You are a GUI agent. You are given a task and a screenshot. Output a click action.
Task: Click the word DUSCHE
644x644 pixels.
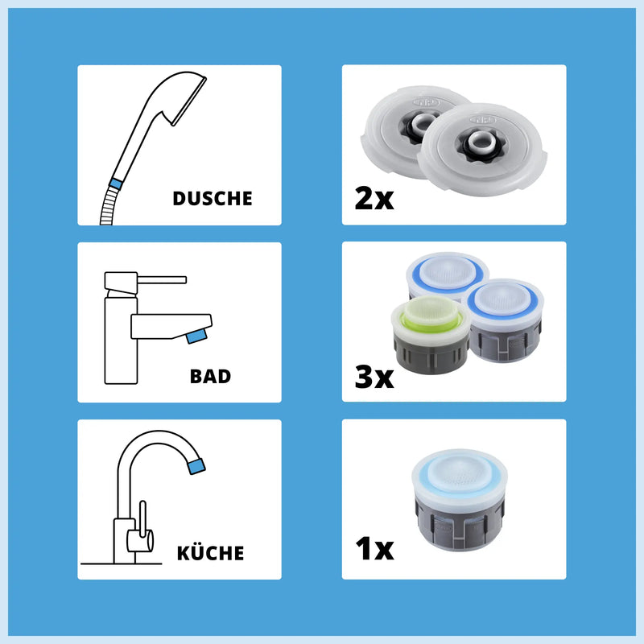pyautogui.click(x=213, y=199)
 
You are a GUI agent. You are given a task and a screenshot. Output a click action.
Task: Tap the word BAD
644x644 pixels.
pyautogui.click(x=210, y=377)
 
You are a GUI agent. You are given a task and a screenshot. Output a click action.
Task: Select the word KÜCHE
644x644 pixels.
pyautogui.click(x=210, y=553)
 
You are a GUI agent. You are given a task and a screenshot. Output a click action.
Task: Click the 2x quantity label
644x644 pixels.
pyautogui.click(x=374, y=199)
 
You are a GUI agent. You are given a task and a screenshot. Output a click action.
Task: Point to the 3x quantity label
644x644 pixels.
pyautogui.click(x=374, y=377)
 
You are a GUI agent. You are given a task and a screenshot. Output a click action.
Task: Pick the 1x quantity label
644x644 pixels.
pyautogui.click(x=374, y=549)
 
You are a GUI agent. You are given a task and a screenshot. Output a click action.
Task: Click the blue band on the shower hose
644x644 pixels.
pyautogui.click(x=116, y=184)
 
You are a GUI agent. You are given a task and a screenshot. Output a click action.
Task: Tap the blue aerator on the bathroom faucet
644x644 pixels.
pyautogui.click(x=196, y=336)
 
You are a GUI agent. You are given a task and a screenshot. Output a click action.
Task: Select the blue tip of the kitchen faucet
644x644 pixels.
pyautogui.click(x=196, y=466)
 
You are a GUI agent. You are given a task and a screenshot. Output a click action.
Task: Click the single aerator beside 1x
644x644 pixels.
pyautogui.click(x=459, y=499)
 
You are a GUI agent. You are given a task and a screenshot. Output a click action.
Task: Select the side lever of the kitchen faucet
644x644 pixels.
pyautogui.click(x=142, y=519)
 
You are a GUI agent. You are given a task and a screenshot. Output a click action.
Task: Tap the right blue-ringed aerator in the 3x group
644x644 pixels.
pyautogui.click(x=506, y=320)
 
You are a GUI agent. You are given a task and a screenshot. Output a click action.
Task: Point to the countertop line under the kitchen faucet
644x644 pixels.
pyautogui.click(x=122, y=564)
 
